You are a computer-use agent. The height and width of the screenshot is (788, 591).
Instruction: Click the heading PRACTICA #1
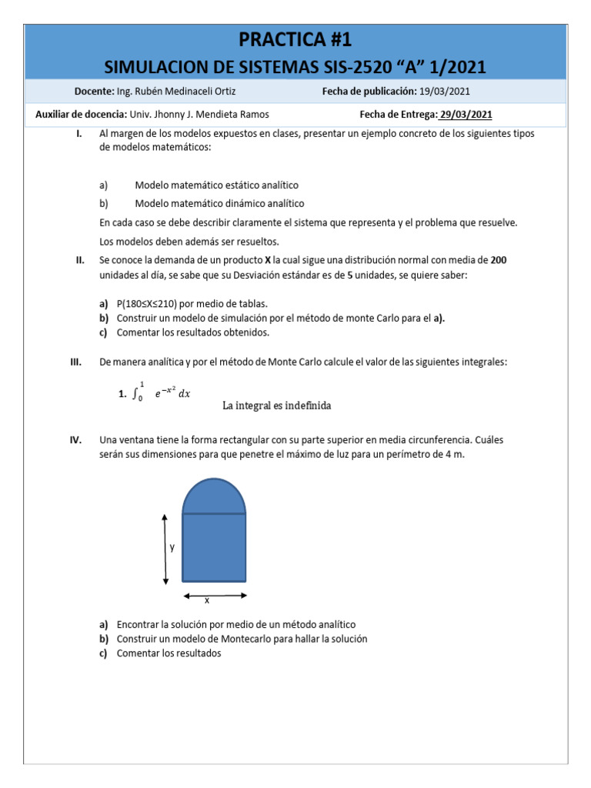(295, 39)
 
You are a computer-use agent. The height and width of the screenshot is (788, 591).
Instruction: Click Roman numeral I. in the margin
(79, 133)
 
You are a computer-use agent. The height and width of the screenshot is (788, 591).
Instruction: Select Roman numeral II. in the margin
(79, 260)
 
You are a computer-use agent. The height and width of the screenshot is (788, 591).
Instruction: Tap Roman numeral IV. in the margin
(76, 440)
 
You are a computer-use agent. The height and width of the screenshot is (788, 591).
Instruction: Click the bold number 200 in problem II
(499, 260)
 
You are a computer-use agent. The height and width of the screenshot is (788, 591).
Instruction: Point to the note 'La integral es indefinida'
(276, 406)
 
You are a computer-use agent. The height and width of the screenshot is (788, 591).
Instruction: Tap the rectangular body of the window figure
(214, 547)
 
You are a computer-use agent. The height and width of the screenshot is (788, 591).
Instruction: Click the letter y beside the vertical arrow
(172, 547)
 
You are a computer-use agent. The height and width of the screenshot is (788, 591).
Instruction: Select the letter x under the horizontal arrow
(206, 600)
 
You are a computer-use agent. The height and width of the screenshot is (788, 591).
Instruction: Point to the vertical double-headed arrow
(165, 549)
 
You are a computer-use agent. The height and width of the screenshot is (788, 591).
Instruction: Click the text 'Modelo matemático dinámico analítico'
(219, 204)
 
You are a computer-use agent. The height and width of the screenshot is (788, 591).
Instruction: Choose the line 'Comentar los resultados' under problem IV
(169, 653)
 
